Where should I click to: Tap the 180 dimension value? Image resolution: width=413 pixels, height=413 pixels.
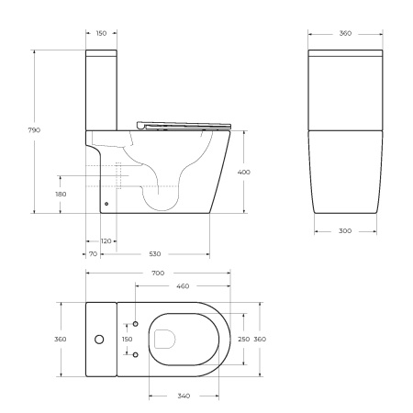pos(61,194)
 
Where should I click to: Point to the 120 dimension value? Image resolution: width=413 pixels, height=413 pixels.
pos(106,240)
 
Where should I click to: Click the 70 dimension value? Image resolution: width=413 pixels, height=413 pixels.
pos(93,253)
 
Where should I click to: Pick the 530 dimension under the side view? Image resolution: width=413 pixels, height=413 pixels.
pos(156,253)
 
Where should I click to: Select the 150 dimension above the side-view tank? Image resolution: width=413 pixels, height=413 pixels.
pos(101,33)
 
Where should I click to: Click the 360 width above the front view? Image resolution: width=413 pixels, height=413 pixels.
pos(345,33)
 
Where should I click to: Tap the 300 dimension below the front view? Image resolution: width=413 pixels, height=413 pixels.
pos(345,230)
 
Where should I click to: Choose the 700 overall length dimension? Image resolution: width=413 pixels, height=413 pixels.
pos(158,273)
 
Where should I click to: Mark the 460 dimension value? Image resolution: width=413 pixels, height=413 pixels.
pos(183,286)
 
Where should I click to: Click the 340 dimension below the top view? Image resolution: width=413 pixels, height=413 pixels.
pos(183,396)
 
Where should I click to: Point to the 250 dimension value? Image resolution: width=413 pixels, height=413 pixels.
pos(243,339)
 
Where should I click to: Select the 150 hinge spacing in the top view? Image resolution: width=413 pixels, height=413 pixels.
pos(127,339)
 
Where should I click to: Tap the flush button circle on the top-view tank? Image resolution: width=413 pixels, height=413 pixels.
pos(99,340)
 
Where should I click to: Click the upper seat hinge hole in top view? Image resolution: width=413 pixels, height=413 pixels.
pos(137,324)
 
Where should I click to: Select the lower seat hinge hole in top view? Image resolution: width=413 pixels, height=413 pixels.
pos(137,354)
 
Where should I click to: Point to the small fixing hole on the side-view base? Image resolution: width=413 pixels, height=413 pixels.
pos(106,204)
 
